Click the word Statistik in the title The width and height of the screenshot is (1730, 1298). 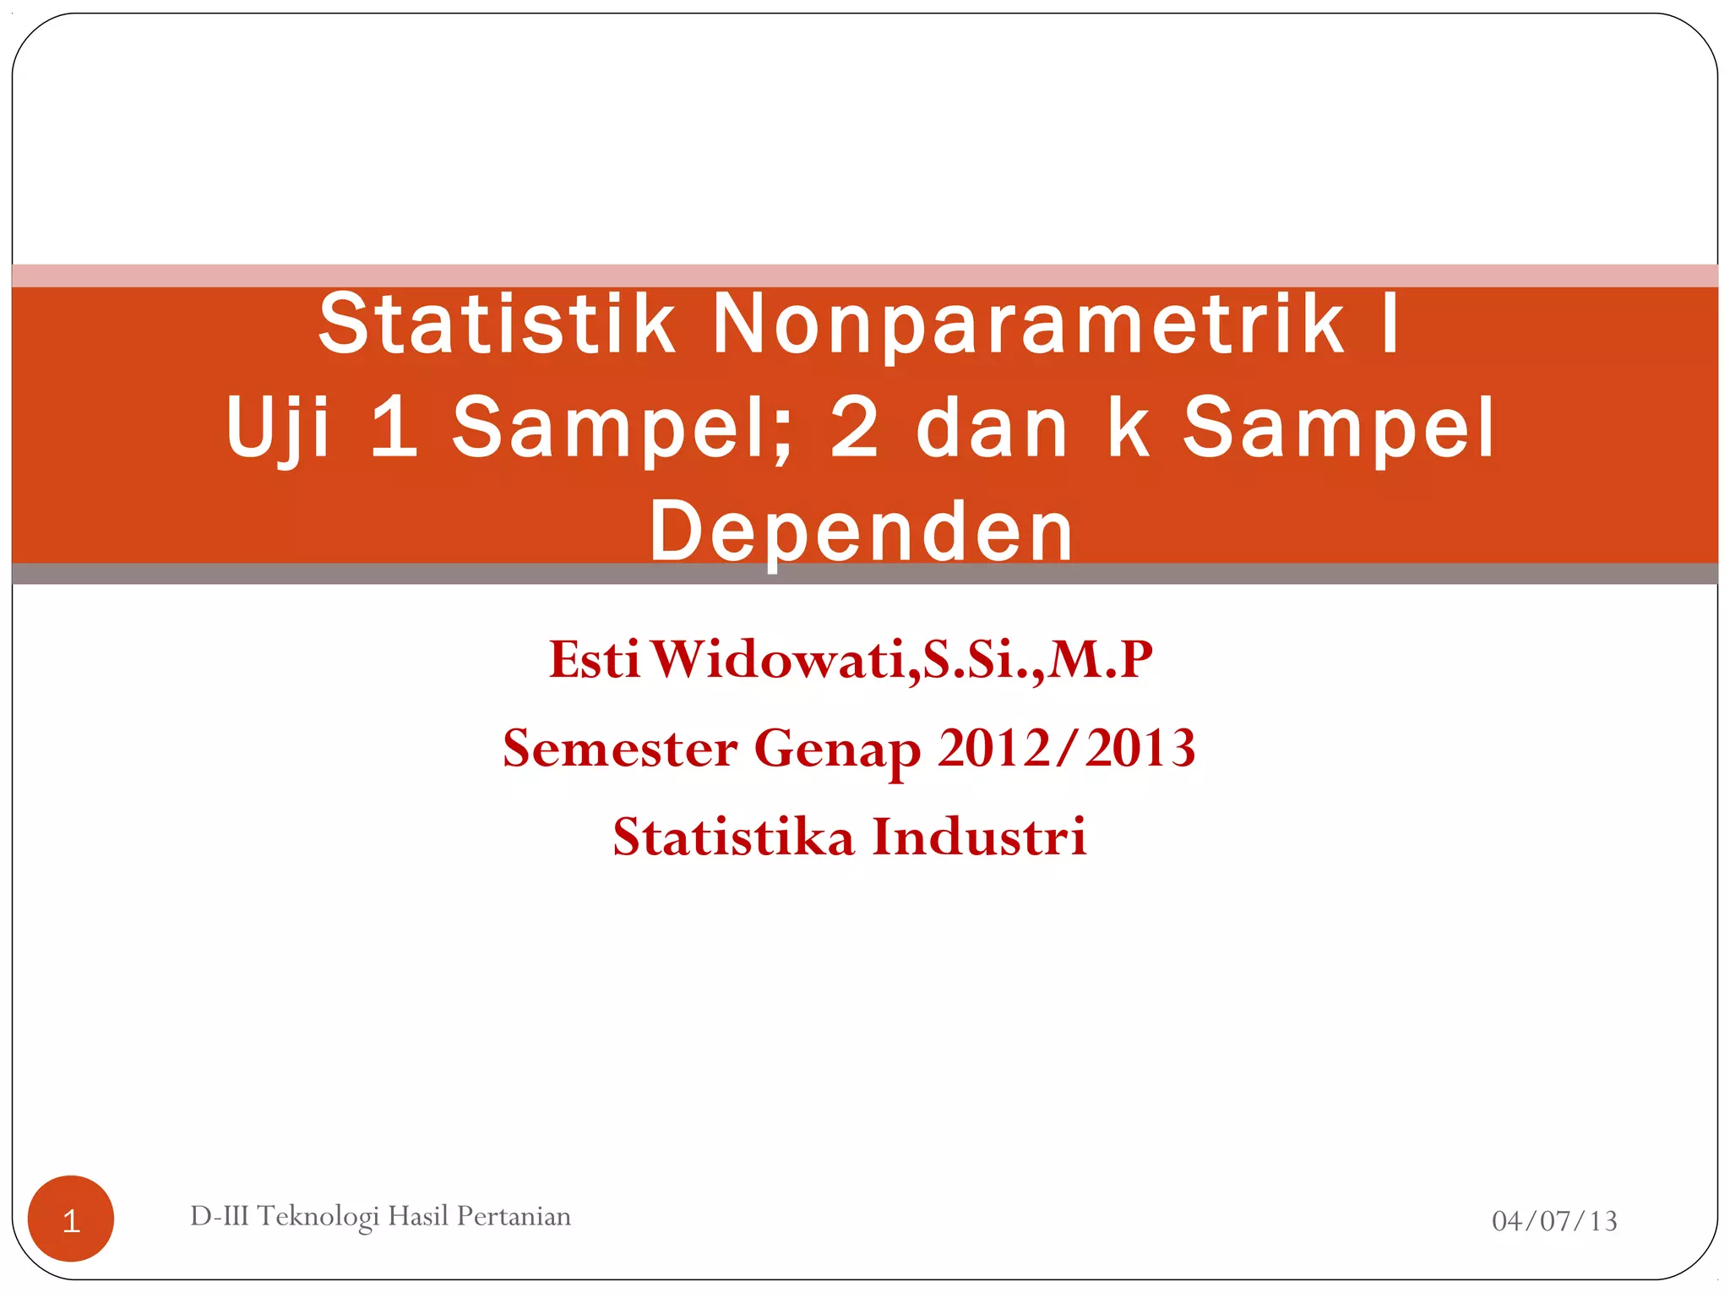497,324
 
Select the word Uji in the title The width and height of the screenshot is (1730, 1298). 277,428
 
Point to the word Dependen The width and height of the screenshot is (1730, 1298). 861,532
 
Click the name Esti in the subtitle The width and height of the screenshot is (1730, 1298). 594,659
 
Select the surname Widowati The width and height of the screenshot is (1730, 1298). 785,659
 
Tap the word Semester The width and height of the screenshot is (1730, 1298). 619,749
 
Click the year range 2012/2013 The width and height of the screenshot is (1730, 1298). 1066,749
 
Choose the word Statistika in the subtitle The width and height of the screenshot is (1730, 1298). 733,837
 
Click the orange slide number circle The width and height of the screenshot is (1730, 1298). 71,1219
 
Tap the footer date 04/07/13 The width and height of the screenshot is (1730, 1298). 1554,1220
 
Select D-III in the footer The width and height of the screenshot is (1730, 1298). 219,1216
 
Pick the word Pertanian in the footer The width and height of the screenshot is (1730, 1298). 514,1216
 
